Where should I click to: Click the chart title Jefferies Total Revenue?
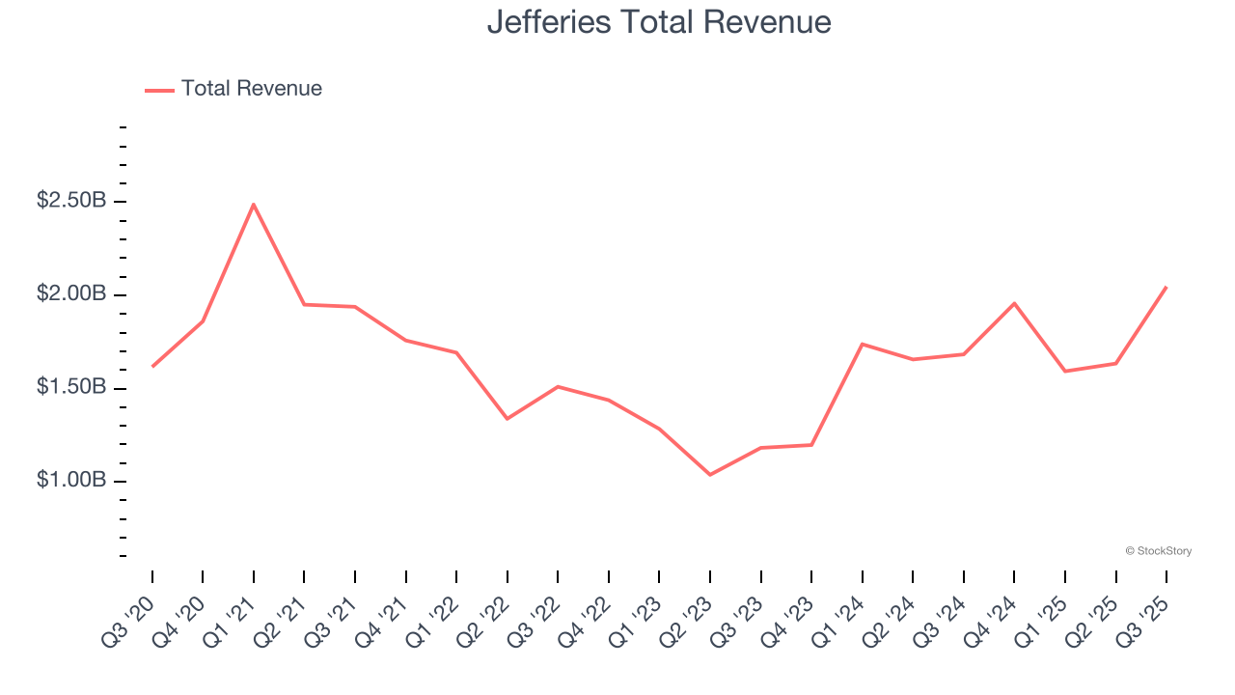pyautogui.click(x=659, y=21)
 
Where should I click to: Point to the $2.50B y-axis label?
pyautogui.click(x=71, y=201)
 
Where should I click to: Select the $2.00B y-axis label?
pyautogui.click(x=71, y=294)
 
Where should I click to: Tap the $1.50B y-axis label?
pyautogui.click(x=71, y=387)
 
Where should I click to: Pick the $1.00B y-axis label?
pyautogui.click(x=71, y=481)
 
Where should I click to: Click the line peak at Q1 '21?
pyautogui.click(x=253, y=204)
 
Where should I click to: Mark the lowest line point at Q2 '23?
pyautogui.click(x=710, y=475)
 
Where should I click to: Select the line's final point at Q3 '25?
pyautogui.click(x=1166, y=287)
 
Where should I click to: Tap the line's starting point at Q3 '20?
pyautogui.click(x=152, y=367)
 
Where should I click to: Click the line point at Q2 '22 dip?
pyautogui.click(x=508, y=419)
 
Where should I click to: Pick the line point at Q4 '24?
pyautogui.click(x=1014, y=303)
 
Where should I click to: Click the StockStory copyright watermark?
pyautogui.click(x=1158, y=551)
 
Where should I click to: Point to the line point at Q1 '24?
pyautogui.click(x=862, y=344)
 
